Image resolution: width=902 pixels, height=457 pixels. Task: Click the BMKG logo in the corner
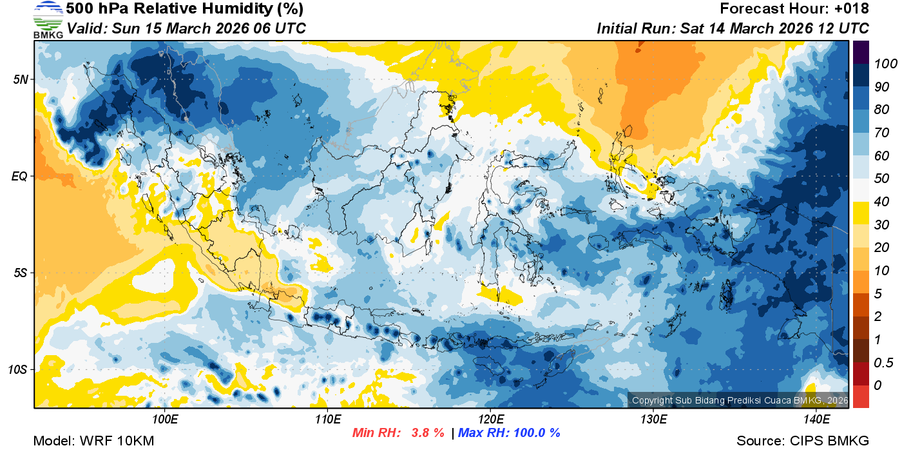click(48, 19)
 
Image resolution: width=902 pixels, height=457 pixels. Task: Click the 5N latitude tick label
click(21, 79)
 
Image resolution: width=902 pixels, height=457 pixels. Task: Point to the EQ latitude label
click(20, 176)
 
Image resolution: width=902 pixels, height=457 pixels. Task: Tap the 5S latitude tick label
click(21, 273)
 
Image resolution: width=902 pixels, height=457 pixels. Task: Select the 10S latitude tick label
click(18, 369)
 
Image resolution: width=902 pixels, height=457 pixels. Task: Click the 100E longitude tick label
click(165, 420)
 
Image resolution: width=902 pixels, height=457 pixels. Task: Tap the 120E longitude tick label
click(490, 420)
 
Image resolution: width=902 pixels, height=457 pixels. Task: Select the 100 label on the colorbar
click(882, 64)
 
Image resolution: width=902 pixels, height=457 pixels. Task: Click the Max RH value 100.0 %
click(535, 433)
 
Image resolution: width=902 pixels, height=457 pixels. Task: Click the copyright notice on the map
click(739, 400)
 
